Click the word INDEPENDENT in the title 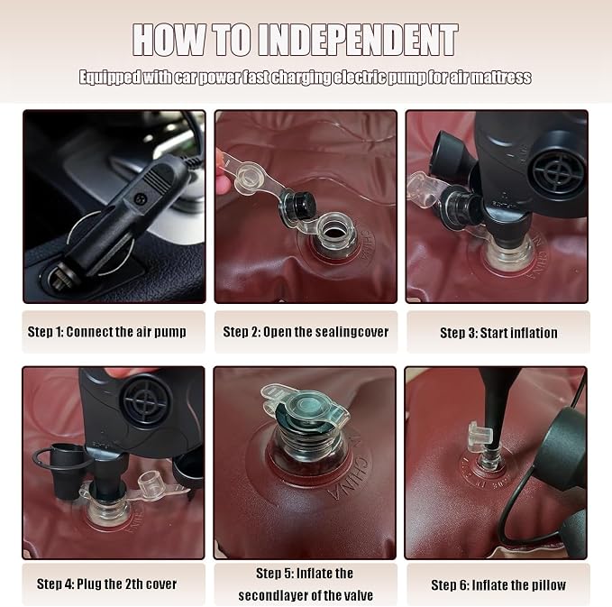click(x=358, y=40)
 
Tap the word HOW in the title click(x=169, y=40)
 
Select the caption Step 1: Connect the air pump click(x=107, y=332)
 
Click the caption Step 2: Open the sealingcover click(x=306, y=332)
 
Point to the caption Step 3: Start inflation click(x=498, y=333)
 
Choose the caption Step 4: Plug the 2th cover click(x=106, y=584)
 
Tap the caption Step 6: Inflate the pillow click(x=498, y=585)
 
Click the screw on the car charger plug click(x=139, y=198)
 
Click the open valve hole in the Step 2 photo click(x=333, y=233)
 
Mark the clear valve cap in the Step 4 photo click(x=151, y=484)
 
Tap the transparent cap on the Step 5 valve click(x=306, y=406)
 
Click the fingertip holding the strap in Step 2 click(x=222, y=172)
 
